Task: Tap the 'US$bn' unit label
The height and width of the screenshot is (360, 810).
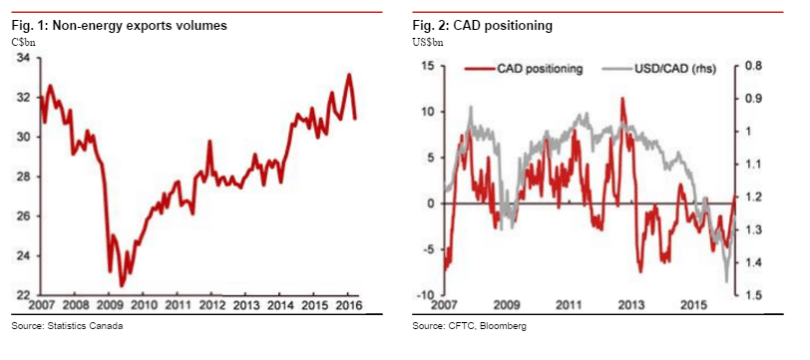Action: tap(429, 40)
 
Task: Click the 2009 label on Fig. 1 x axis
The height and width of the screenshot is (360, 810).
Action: tap(109, 304)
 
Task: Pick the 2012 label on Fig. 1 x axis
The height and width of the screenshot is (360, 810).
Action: tap(210, 304)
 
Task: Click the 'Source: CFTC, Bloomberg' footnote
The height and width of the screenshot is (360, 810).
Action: tap(469, 326)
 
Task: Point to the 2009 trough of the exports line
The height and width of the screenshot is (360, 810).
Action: tap(122, 286)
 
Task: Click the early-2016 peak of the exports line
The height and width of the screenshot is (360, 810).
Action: tap(348, 75)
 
